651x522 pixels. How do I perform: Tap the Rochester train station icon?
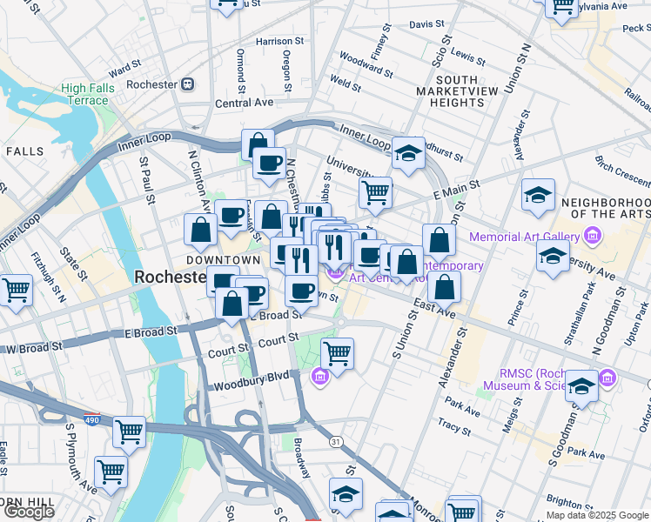(x=187, y=84)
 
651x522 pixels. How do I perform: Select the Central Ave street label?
(x=245, y=103)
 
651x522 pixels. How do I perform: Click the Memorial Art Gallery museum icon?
(x=593, y=236)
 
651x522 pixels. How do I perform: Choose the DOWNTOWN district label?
(x=223, y=260)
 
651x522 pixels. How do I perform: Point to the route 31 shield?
(x=336, y=442)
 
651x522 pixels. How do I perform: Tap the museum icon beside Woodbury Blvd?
(x=319, y=376)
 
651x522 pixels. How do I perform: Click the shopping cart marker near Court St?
(x=337, y=352)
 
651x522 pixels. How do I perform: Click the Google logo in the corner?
(x=29, y=512)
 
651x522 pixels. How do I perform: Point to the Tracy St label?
(x=454, y=426)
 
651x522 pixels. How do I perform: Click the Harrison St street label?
(x=279, y=41)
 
